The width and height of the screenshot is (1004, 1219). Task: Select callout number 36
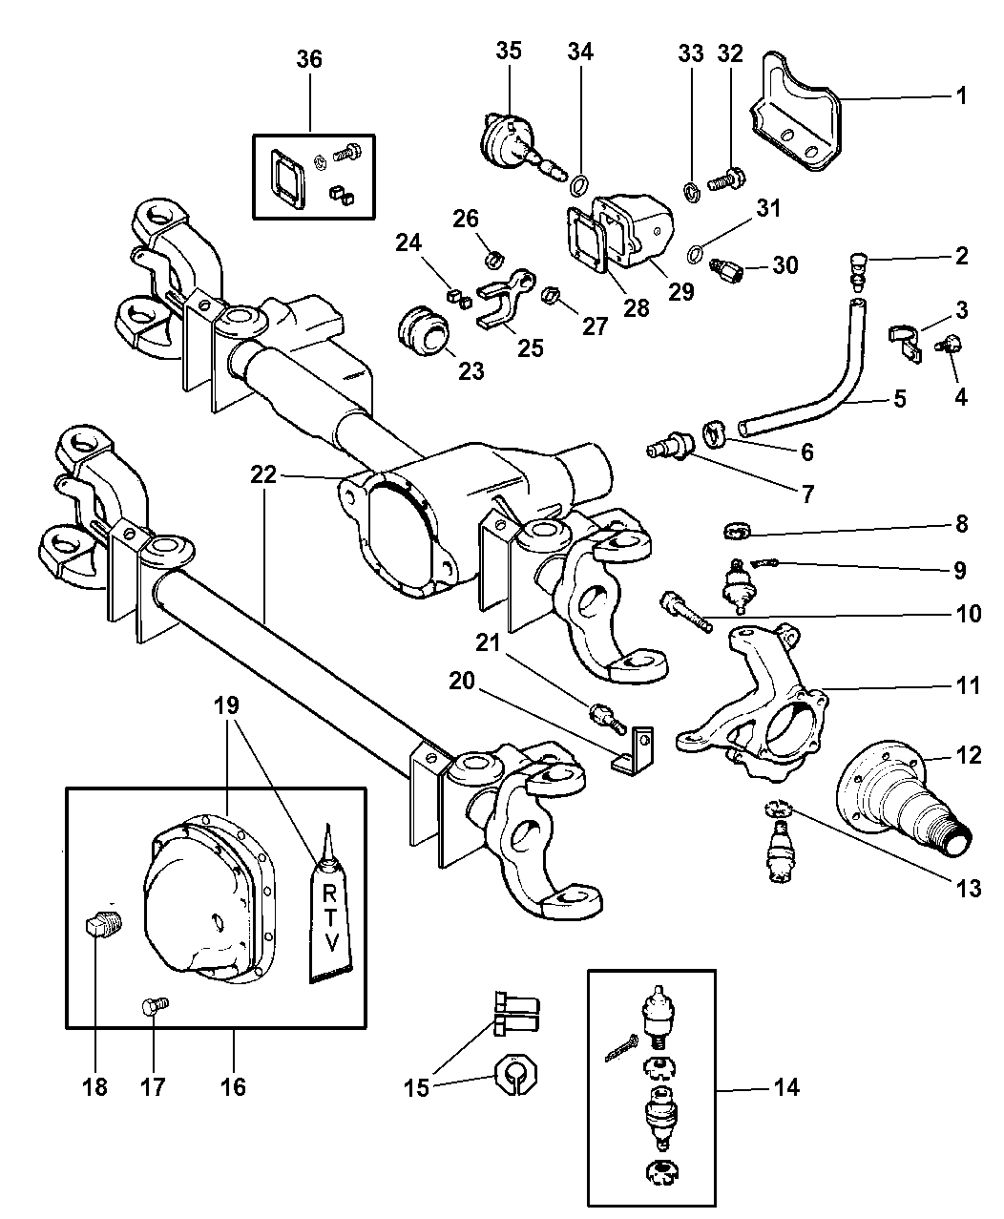pyautogui.click(x=308, y=59)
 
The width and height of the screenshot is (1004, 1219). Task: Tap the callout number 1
pyautogui.click(x=961, y=95)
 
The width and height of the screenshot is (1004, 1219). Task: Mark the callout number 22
pyautogui.click(x=264, y=473)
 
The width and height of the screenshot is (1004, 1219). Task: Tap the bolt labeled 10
pyautogui.click(x=683, y=611)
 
